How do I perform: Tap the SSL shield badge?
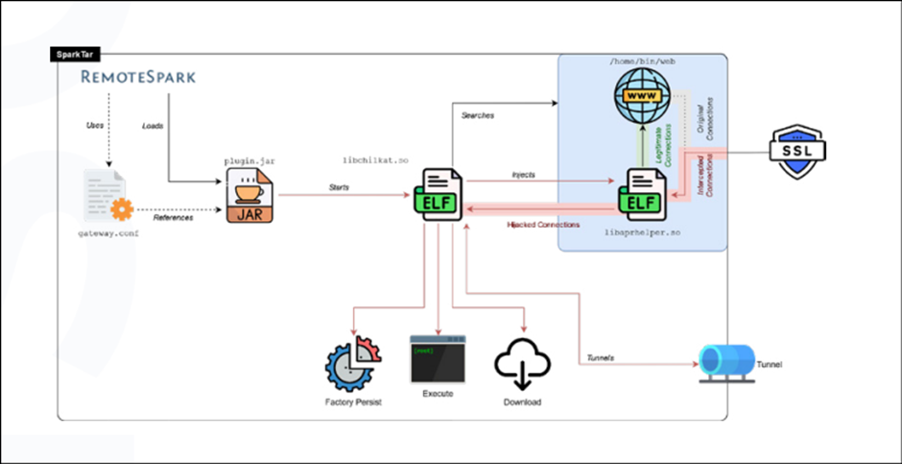(798, 154)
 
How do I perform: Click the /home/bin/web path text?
(644, 62)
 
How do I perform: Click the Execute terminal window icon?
(438, 359)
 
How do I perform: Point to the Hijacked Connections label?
(542, 225)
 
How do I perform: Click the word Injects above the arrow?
(523, 175)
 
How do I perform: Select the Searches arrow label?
(477, 114)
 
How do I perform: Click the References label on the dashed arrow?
(175, 218)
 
